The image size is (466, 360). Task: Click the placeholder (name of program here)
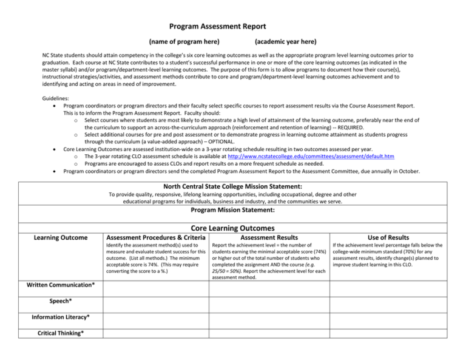(184, 41)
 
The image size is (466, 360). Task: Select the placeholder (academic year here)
(285, 41)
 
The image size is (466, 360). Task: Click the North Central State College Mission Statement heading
(233, 186)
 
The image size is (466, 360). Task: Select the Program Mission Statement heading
(233, 210)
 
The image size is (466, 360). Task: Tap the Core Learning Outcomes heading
(233, 228)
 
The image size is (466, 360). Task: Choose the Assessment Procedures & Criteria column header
(155, 237)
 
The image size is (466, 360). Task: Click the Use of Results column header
(390, 237)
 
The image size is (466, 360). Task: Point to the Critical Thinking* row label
(61, 333)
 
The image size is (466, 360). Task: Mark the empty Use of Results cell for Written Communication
(390, 286)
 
